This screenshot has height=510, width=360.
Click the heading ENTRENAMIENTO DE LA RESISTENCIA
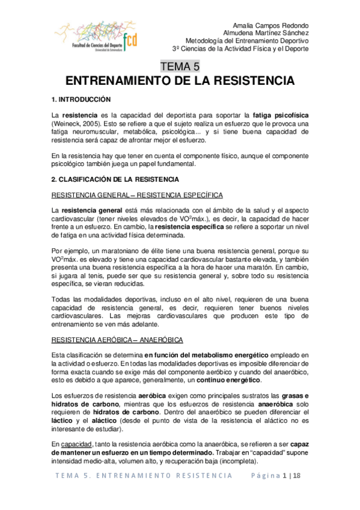(x=180, y=81)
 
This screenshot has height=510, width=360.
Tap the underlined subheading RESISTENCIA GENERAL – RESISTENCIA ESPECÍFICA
(x=138, y=195)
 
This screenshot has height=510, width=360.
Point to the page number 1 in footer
(x=285, y=475)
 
